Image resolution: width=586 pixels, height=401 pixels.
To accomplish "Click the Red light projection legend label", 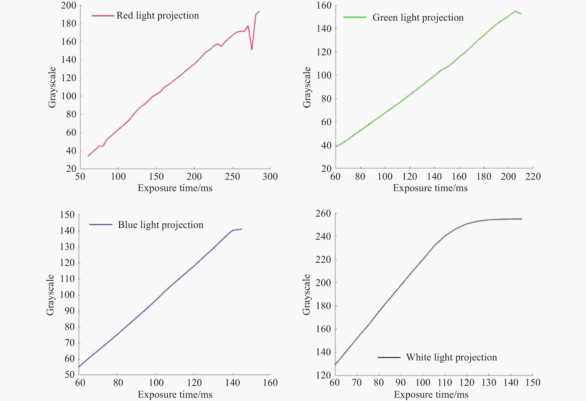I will coord(158,16).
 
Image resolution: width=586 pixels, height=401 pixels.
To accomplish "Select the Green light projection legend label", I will coord(418,18).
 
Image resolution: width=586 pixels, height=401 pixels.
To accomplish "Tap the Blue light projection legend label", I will coord(161,225).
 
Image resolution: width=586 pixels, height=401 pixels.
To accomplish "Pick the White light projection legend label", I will coord(451,357).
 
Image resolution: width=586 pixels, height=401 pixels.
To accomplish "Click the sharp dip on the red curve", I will coord(252,49).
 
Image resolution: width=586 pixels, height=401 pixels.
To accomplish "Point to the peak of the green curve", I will coord(515,11).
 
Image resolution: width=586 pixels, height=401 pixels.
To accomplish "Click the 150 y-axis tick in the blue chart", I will coord(67,215).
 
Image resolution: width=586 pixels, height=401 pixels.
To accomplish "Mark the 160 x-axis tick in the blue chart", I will coord(270,383).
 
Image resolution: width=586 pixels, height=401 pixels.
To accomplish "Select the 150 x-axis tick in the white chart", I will coord(533,383).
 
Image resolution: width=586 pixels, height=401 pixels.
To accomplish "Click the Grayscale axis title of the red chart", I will coord(52,87).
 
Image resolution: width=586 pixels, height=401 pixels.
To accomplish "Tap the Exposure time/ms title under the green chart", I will coord(430,188).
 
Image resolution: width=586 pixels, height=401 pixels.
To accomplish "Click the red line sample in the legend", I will coord(103,16).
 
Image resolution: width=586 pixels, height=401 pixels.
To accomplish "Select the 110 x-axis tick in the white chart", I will coord(445,383).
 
